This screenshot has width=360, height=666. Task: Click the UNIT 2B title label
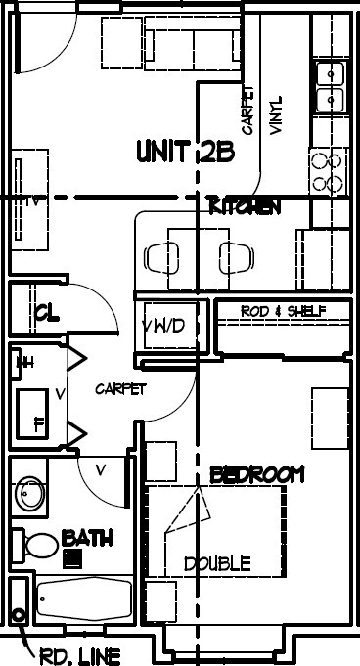click(184, 152)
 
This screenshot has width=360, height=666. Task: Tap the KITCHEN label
click(245, 206)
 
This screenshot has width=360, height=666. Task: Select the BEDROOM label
click(257, 474)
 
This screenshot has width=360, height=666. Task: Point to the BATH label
click(87, 538)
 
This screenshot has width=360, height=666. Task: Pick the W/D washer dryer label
click(163, 326)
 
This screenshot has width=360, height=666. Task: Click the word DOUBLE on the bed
click(217, 564)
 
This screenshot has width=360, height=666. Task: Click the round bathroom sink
click(31, 495)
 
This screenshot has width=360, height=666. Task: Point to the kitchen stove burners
click(328, 170)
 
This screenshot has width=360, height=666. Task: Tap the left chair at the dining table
click(157, 257)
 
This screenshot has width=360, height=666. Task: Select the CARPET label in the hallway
click(120, 389)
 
